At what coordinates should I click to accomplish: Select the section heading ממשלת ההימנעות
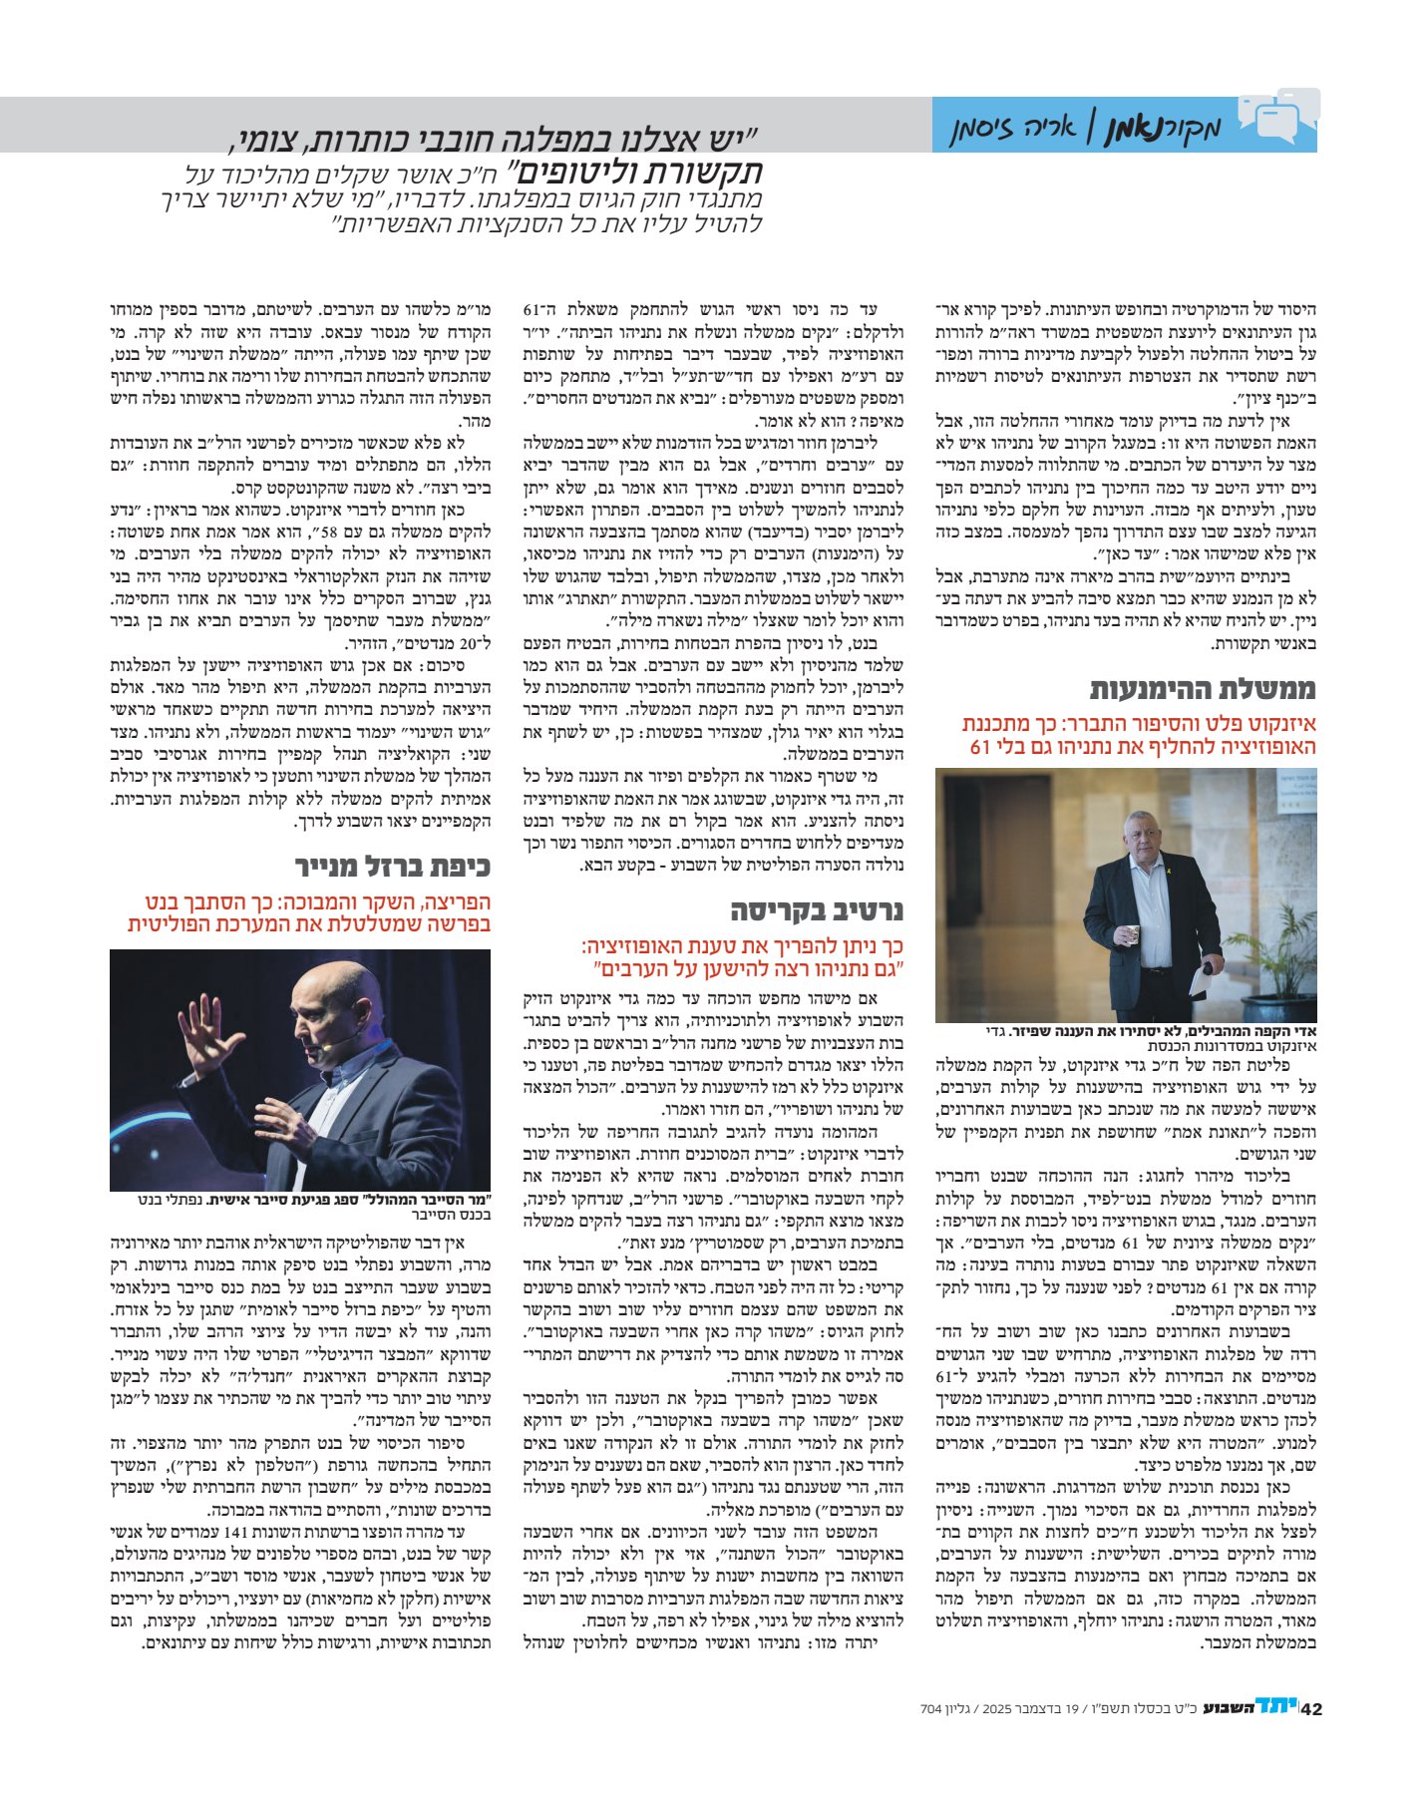(1203, 688)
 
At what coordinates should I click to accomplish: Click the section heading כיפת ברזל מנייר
(392, 865)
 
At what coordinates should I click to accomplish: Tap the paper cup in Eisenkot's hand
(1132, 933)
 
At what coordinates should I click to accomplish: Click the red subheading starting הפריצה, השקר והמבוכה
(310, 913)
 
